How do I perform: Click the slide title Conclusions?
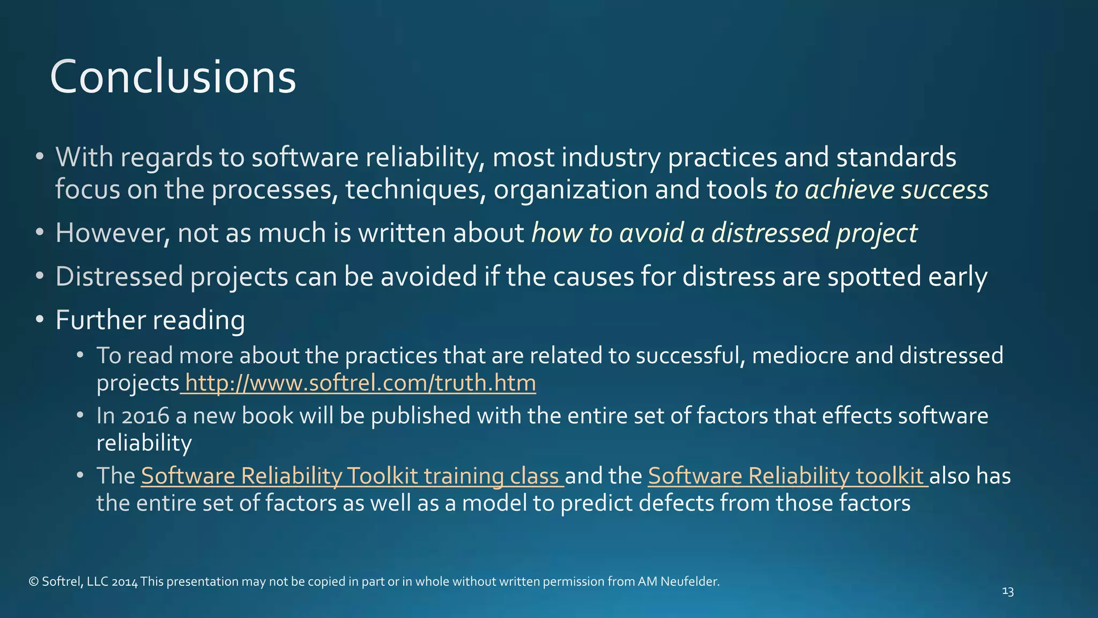pyautogui.click(x=173, y=77)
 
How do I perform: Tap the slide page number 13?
pyautogui.click(x=1008, y=592)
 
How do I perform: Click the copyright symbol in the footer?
pyautogui.click(x=33, y=582)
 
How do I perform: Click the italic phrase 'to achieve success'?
pyautogui.click(x=881, y=190)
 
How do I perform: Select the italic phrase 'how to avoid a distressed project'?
pyautogui.click(x=724, y=233)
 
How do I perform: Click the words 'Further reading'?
pyautogui.click(x=150, y=320)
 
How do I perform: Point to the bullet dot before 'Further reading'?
pyautogui.click(x=39, y=319)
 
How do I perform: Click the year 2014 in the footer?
pyautogui.click(x=125, y=582)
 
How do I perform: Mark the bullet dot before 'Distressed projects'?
pyautogui.click(x=39, y=276)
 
